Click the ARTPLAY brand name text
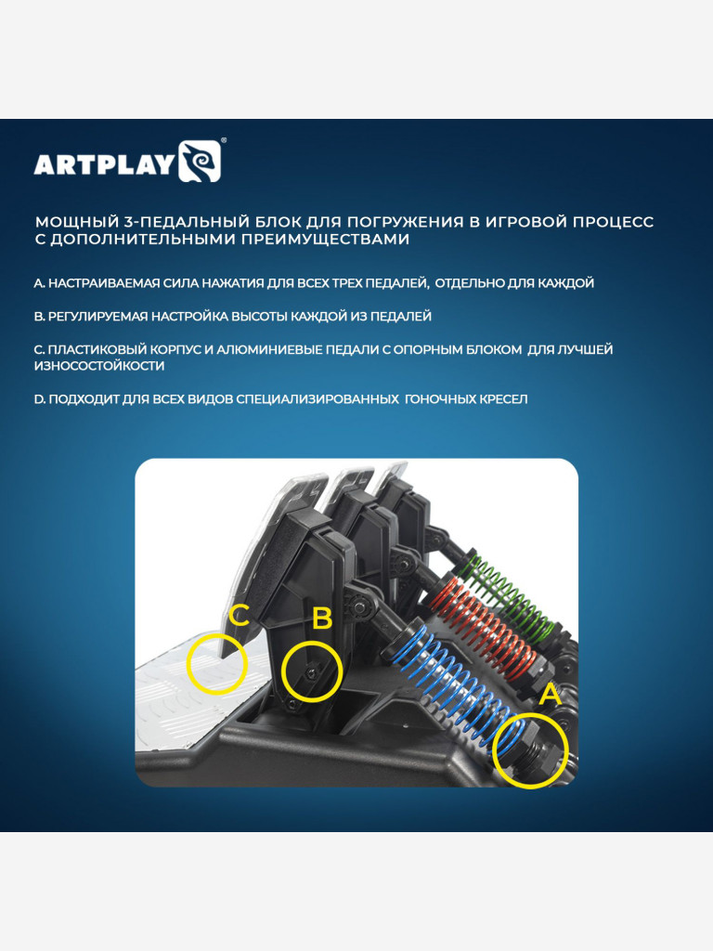[x=104, y=164]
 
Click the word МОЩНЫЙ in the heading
[x=75, y=222]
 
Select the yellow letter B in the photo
[x=322, y=619]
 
